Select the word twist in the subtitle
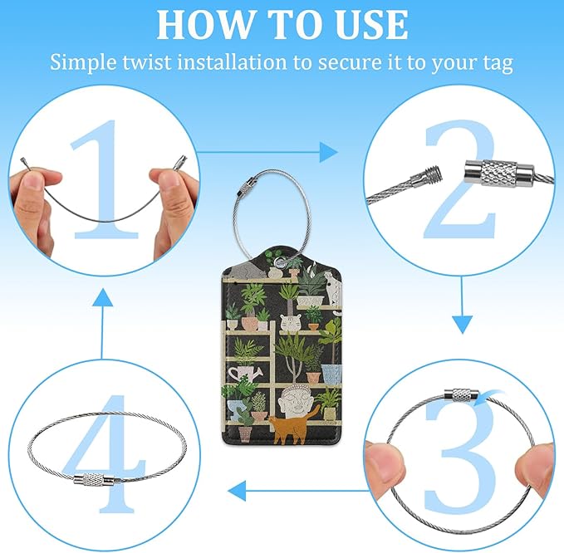pos(146,61)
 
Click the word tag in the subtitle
pos(498,63)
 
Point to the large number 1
pos(105,180)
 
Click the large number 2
pos(460,180)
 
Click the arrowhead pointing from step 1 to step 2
pos(329,152)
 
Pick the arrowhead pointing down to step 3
pos(462,325)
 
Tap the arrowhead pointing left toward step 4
pos(237,491)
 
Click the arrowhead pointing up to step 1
pos(102,297)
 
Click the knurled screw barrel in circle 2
pos(499,171)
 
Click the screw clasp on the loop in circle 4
pos(94,480)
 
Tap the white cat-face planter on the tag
pos(290,323)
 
